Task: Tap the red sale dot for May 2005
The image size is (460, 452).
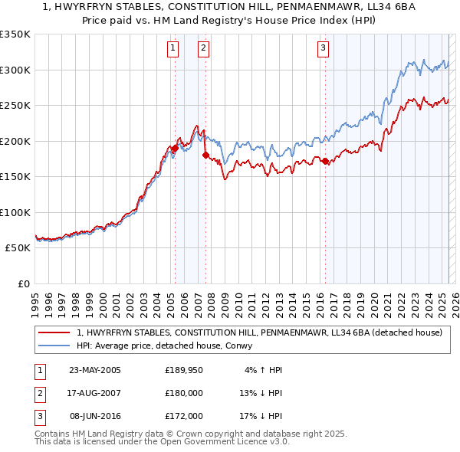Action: tap(175, 148)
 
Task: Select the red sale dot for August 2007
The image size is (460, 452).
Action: tap(205, 155)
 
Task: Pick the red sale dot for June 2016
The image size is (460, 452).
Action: tap(325, 161)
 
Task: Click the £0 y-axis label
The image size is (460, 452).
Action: tap(23, 283)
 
